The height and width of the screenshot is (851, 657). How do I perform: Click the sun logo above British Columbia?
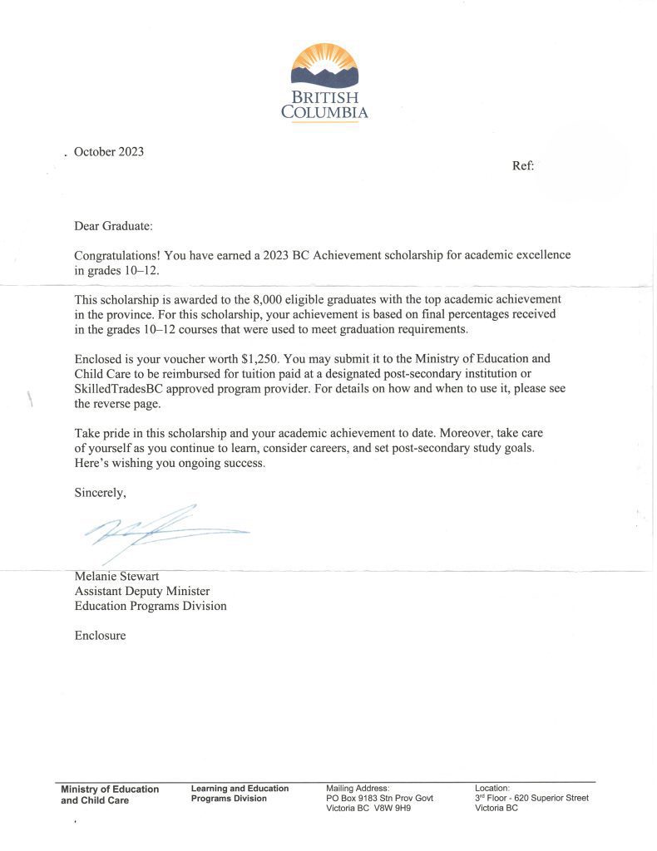[x=324, y=66]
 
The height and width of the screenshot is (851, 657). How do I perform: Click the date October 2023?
[x=109, y=151]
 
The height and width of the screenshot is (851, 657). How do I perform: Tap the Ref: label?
[x=523, y=165]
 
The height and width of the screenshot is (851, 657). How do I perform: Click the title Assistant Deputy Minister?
[x=142, y=591]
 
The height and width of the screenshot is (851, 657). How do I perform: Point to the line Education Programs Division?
[x=151, y=606]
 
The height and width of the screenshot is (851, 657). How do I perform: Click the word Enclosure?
[x=101, y=636]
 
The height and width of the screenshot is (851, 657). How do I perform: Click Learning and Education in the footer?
[x=240, y=789]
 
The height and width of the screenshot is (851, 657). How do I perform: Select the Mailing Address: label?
[x=358, y=788]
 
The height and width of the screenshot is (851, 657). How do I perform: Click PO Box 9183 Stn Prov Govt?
[x=380, y=798]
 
